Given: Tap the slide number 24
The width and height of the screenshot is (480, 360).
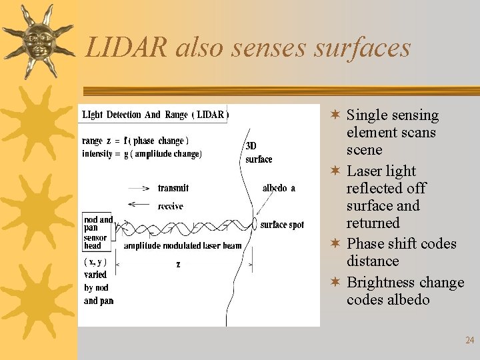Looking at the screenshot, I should pyautogui.click(x=469, y=341).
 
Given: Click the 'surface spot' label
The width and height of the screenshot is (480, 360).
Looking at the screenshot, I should pyautogui.click(x=282, y=225).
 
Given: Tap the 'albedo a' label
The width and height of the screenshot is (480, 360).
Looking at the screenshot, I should pyautogui.click(x=279, y=189).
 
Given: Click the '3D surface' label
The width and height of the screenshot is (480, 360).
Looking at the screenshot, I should pyautogui.click(x=258, y=153).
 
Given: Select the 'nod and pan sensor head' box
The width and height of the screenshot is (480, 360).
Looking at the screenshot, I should pyautogui.click(x=98, y=231).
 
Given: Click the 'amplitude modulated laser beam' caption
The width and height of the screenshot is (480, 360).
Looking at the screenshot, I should pyautogui.click(x=182, y=246).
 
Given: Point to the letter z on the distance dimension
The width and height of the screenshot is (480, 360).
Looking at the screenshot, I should pyautogui.click(x=178, y=265).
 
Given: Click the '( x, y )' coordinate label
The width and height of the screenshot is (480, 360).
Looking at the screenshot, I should pyautogui.click(x=95, y=261).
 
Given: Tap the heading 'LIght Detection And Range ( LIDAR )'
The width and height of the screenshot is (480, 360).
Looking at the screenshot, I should pyautogui.click(x=155, y=115).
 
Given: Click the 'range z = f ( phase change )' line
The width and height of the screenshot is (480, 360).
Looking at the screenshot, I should pyautogui.click(x=135, y=141).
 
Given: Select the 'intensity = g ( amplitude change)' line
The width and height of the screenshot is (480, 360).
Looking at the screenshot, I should pyautogui.click(x=141, y=153).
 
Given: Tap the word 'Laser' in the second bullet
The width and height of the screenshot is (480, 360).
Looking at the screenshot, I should pyautogui.click(x=365, y=171).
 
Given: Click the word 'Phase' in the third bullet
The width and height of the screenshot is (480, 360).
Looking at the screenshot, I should pyautogui.click(x=367, y=243).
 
